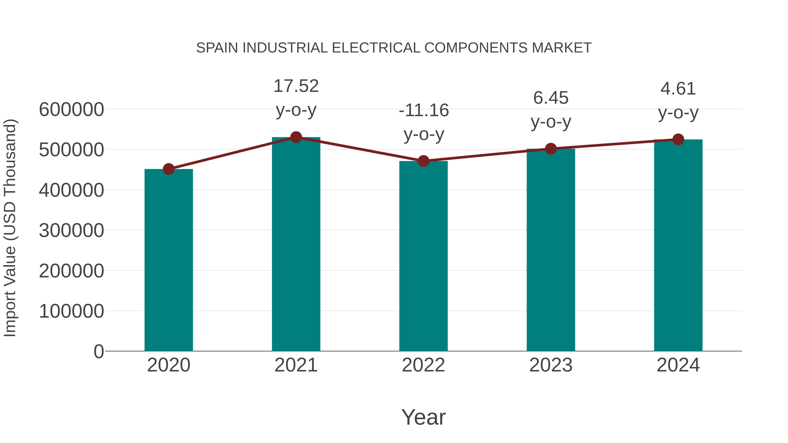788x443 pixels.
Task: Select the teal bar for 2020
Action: click(x=169, y=260)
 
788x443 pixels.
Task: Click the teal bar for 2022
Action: click(x=423, y=256)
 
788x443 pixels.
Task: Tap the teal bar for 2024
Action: click(x=678, y=245)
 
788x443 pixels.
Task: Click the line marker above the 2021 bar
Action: click(x=296, y=137)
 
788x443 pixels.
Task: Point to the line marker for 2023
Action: click(x=551, y=149)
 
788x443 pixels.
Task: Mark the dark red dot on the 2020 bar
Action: click(x=169, y=169)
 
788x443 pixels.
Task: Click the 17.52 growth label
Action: click(x=296, y=86)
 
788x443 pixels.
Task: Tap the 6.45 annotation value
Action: click(x=551, y=98)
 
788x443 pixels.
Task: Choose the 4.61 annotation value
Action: click(x=678, y=89)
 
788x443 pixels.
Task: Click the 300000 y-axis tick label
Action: click(x=71, y=231)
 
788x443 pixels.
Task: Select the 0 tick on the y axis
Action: click(x=98, y=351)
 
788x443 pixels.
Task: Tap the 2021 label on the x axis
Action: click(x=296, y=365)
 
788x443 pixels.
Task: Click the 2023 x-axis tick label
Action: click(x=551, y=365)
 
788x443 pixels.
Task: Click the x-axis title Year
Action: click(x=423, y=417)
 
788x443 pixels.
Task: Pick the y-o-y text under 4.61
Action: click(x=678, y=113)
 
